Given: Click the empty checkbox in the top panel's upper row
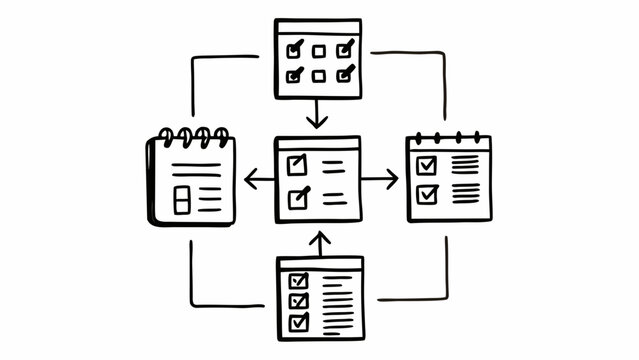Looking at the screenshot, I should pos(319,51).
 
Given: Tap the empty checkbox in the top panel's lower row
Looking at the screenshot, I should pos(319,75).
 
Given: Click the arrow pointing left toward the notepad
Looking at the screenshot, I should pos(259,180).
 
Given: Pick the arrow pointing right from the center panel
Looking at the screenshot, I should pos(380,180).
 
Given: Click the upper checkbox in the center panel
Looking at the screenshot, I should pos(297,165).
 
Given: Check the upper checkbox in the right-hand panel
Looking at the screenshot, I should pos(427,165).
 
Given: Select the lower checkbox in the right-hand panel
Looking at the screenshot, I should pos(427,193).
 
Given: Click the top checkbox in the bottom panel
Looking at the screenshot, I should pos(298,281).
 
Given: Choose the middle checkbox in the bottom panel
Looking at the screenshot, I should pos(298,301).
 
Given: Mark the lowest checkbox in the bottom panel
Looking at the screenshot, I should pos(298,322).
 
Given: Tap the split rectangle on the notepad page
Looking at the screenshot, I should pos(181,199).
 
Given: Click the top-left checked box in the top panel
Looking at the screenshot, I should pos(294,50).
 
